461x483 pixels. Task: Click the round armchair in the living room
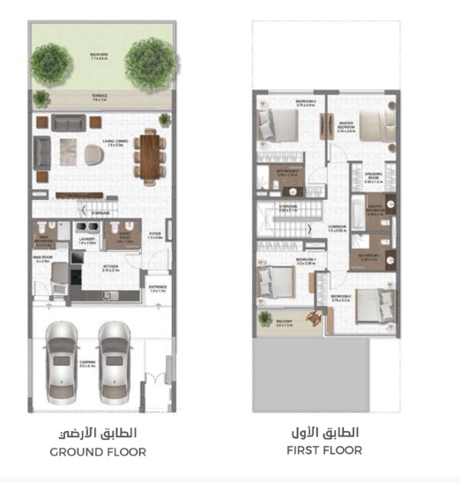[93, 153]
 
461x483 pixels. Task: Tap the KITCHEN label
[112, 269]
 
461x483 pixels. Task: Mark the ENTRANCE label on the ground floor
[157, 286]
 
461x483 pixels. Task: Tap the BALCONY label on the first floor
[284, 324]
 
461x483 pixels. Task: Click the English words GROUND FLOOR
[99, 451]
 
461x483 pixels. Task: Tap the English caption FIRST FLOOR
[323, 450]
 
